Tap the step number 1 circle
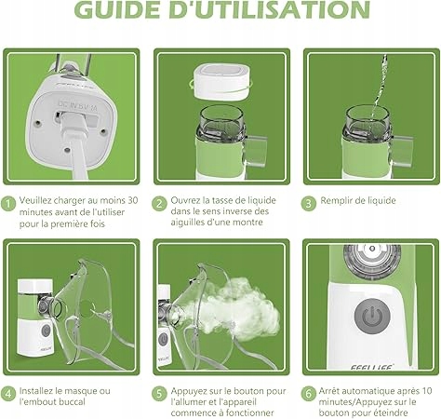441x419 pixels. pyautogui.click(x=8, y=204)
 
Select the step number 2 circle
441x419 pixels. pyautogui.click(x=159, y=204)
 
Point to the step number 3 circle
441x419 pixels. pyautogui.click(x=308, y=204)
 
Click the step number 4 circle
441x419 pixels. pyautogui.click(x=8, y=394)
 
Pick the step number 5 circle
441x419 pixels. pyautogui.click(x=159, y=394)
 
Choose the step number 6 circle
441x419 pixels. pyautogui.click(x=308, y=394)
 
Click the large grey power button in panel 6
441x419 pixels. pyautogui.click(x=372, y=316)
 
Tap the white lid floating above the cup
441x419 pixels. pyautogui.click(x=222, y=81)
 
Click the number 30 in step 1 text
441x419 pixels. pyautogui.click(x=133, y=200)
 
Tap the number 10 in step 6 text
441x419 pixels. pyautogui.click(x=427, y=390)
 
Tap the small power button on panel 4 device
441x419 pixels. pyautogui.click(x=46, y=331)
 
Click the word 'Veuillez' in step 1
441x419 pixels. pyautogui.click(x=35, y=200)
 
